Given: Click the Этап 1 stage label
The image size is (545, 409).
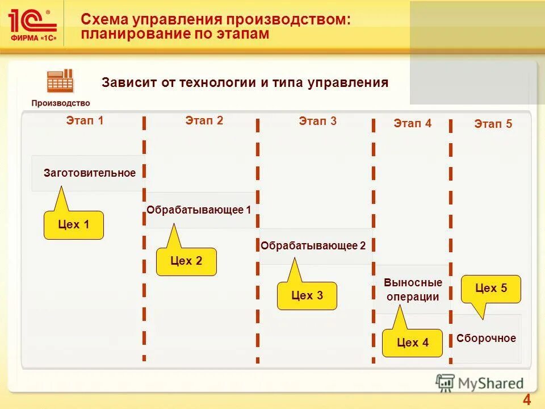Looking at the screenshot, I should point(85,120).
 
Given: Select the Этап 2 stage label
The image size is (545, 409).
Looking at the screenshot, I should point(204,120).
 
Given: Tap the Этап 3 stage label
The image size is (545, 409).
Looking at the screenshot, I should point(318,121).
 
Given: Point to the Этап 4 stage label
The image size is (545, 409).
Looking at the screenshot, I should point(413,123).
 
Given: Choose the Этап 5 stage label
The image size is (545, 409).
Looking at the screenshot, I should point(493,124).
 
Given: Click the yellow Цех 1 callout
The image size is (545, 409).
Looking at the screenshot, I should point(74,225).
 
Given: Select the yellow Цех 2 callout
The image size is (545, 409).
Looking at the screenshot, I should point(186,261).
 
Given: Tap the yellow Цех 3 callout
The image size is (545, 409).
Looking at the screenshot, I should point(307,295).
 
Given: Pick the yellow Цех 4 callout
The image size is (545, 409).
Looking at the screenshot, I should point(412,343).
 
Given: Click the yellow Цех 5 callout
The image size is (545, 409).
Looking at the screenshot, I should point(491,289).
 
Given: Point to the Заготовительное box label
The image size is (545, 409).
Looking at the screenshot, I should point(90,173).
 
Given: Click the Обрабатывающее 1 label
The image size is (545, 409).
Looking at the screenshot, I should point(199,210).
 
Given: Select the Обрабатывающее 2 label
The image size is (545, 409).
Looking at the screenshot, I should point(313,246).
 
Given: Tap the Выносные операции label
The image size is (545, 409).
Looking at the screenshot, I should point(413,290).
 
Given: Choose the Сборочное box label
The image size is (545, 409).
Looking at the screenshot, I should point(487,339).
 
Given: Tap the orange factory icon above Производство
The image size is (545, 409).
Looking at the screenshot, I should point(60,81).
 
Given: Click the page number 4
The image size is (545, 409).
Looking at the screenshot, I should point(526,399).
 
